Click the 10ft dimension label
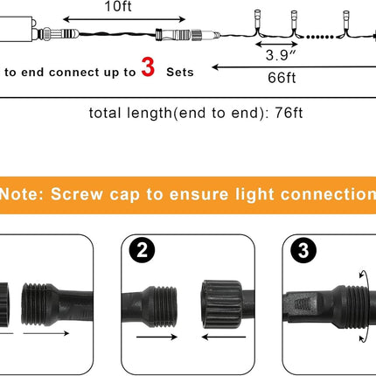(118, 6)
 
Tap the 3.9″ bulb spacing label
(281, 55)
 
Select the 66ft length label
(282, 78)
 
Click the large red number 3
(148, 67)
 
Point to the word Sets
(180, 73)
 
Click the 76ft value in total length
(289, 113)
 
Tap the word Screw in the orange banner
(77, 194)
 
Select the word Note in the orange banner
(19, 194)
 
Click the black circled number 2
(142, 250)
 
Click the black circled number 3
(303, 250)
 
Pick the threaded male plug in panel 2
(150, 306)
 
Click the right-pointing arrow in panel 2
(157, 338)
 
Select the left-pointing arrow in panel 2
(224, 338)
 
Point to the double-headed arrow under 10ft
(124, 19)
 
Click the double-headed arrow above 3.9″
(276, 45)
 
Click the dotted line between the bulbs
(319, 37)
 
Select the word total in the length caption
(105, 113)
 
